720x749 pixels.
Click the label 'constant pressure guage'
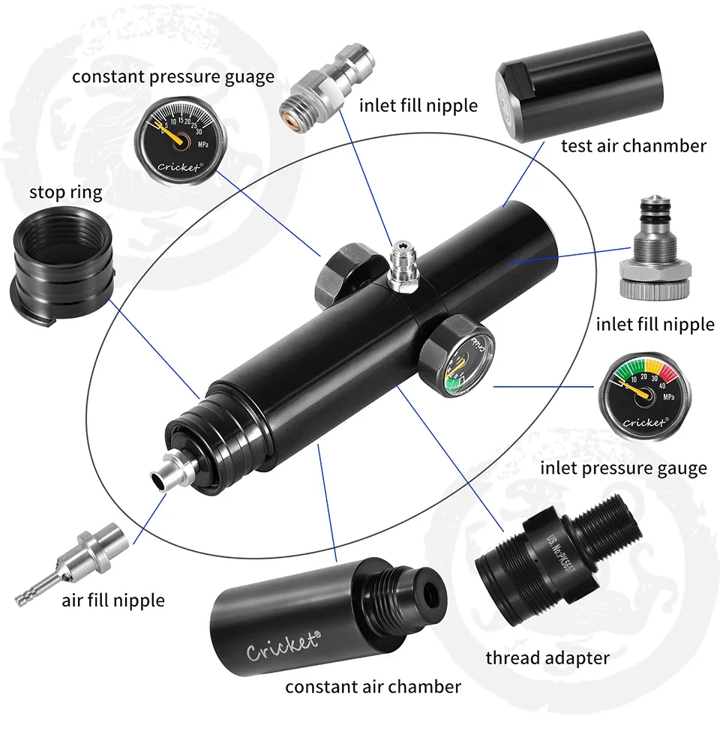pyautogui.click(x=172, y=76)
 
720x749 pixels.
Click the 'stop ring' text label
pyautogui.click(x=65, y=192)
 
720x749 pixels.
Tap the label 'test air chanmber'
pyautogui.click(x=633, y=145)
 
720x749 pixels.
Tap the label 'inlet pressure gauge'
pyautogui.click(x=623, y=469)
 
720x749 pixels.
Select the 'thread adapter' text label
pyautogui.click(x=547, y=658)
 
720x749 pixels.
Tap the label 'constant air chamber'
pyautogui.click(x=373, y=686)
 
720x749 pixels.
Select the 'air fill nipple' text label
pyautogui.click(x=113, y=600)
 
